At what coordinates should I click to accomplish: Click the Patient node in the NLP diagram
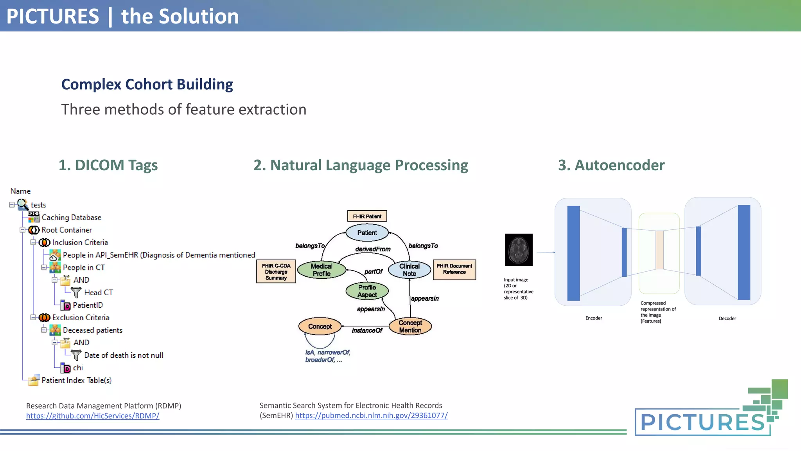pos(367,233)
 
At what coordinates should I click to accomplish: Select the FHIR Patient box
pos(367,216)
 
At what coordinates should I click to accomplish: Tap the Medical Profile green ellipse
pos(321,270)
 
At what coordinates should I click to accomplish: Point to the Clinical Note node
pos(409,270)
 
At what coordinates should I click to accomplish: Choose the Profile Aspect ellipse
pos(367,291)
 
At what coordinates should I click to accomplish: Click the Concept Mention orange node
pos(410,326)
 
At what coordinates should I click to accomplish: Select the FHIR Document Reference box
pos(454,269)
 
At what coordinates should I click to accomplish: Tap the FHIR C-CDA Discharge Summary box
pos(276,271)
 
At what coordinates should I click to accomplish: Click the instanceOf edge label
pos(366,330)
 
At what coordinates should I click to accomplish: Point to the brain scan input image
pos(519,250)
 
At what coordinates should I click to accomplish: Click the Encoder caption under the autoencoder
pos(593,318)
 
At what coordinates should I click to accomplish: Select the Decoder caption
pos(727,318)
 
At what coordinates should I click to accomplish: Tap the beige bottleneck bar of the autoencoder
pos(659,250)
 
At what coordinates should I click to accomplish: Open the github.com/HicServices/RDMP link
pos(93,416)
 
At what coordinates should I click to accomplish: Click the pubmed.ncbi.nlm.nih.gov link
pos(371,415)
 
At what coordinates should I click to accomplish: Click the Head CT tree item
pos(98,292)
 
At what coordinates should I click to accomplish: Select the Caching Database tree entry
pos(71,217)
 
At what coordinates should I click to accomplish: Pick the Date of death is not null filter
pos(123,355)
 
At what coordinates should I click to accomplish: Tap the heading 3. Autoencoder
pos(611,165)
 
